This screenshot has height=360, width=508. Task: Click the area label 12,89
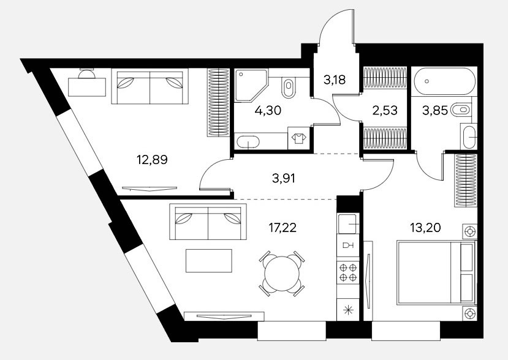click(x=152, y=160)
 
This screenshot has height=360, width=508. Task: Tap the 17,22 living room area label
click(x=282, y=228)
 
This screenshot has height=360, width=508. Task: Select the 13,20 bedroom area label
click(x=425, y=228)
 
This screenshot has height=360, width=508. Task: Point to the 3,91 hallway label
click(x=284, y=178)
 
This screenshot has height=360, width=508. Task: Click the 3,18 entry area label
click(x=335, y=80)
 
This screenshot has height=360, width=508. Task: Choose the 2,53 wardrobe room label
click(x=385, y=110)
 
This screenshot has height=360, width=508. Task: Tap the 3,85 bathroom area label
click(x=435, y=111)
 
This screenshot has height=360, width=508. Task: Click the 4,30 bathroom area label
click(x=268, y=111)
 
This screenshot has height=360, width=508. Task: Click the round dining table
click(x=282, y=274)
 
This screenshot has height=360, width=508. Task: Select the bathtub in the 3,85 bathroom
click(x=444, y=81)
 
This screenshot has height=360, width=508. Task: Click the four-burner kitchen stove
click(x=348, y=272)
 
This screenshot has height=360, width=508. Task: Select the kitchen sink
click(x=348, y=223)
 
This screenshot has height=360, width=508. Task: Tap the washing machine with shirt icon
click(x=299, y=138)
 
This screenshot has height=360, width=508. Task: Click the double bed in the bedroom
click(x=436, y=272)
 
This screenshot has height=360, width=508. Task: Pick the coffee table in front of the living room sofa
click(x=209, y=261)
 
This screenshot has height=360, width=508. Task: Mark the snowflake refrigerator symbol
click(x=348, y=310)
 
